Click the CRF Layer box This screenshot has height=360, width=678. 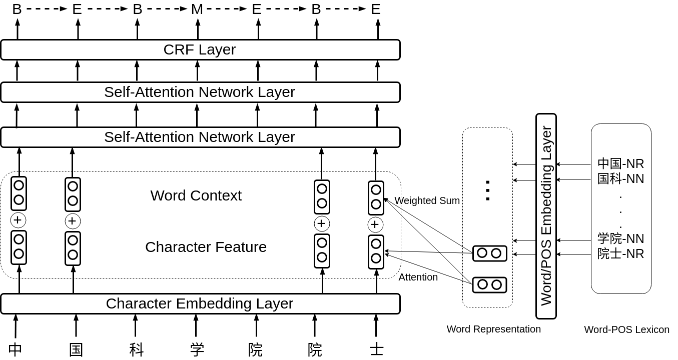coord(200,49)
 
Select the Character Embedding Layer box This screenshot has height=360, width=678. coord(200,304)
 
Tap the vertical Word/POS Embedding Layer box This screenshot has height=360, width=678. coord(546,216)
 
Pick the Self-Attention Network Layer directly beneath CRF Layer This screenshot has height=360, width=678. coord(200,92)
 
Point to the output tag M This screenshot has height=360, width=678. coord(197,9)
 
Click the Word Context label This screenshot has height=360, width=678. coord(196,195)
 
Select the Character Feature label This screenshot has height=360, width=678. coord(206,247)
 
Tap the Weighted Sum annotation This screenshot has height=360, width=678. coord(427,201)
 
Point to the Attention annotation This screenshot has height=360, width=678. coord(418,277)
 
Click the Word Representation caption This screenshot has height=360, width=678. coord(493,329)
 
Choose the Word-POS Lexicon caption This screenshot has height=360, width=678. coord(626,329)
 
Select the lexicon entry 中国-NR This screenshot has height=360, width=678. coord(620,163)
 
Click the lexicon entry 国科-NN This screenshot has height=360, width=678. coord(620,178)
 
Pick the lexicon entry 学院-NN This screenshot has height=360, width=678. coord(620,238)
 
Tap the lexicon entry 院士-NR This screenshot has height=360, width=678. coord(620,253)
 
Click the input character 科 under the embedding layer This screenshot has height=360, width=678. coord(136,349)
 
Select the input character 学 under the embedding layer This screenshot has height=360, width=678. coord(197,349)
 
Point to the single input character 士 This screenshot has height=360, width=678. coord(376,349)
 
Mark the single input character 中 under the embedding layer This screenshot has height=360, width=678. coord(15,349)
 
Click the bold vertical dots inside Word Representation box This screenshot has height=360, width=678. coord(487,190)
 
